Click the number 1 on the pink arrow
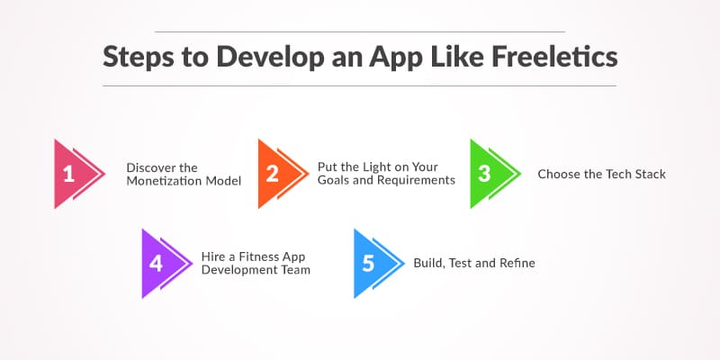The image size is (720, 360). tap(67, 175)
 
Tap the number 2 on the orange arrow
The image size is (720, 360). tap(272, 175)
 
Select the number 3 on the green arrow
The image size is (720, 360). tap(484, 175)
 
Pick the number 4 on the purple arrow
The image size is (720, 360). tap(156, 263)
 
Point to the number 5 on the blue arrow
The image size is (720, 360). tap(368, 263)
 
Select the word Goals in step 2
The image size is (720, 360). tap(334, 180)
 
